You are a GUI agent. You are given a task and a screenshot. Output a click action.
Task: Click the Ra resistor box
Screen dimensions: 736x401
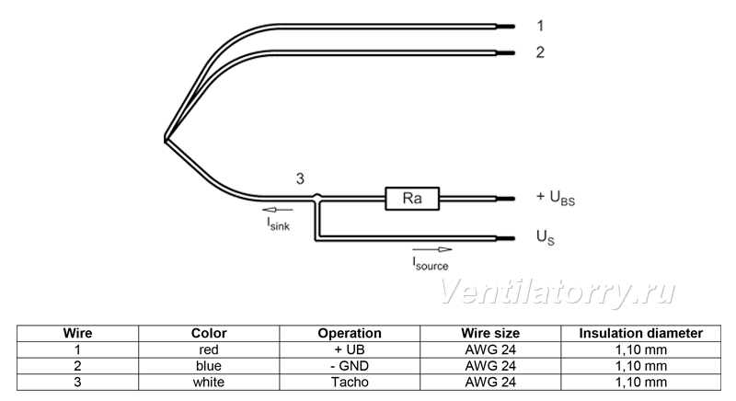(412, 199)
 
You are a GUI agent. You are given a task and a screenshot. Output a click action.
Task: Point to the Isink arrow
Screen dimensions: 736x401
(278, 210)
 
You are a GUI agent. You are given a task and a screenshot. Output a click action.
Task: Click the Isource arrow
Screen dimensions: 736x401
(432, 249)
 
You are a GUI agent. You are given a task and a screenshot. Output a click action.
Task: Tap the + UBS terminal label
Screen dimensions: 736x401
(556, 198)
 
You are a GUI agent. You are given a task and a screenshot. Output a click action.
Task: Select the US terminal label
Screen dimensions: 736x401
(545, 237)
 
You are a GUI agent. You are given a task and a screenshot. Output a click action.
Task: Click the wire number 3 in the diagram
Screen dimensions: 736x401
(300, 178)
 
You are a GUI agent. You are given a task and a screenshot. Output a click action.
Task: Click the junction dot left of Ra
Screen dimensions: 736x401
(317, 198)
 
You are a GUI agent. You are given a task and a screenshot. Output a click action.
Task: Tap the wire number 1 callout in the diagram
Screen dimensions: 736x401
(540, 26)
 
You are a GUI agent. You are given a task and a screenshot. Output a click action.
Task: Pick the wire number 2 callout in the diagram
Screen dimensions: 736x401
(540, 52)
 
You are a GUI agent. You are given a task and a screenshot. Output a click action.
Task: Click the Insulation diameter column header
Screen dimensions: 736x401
(640, 333)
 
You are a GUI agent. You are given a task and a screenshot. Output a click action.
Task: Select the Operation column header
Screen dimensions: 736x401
(350, 333)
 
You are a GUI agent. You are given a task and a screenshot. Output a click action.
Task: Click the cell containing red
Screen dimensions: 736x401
(209, 349)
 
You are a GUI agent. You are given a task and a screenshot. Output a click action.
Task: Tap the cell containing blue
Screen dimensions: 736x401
(209, 366)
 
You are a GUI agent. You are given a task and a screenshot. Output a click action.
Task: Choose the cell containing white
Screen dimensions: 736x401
(209, 383)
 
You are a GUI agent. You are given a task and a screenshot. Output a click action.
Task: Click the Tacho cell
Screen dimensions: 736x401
(350, 383)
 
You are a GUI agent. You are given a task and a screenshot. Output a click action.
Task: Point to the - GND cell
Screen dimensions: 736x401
(350, 366)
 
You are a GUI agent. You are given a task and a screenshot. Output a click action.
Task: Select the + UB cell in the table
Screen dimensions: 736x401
(350, 349)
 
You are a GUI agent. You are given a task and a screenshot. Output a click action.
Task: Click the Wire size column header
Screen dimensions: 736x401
(490, 333)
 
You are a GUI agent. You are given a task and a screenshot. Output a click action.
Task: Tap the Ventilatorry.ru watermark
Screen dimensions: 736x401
(558, 292)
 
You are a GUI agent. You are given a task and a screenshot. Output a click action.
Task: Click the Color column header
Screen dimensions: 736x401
(209, 333)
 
